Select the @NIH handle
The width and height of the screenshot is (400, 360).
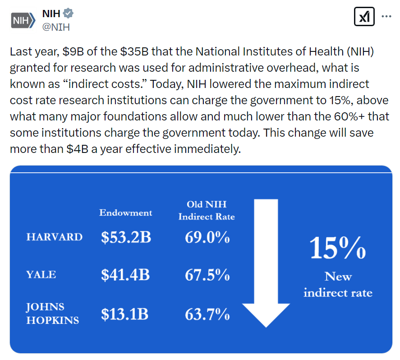[x=55, y=27]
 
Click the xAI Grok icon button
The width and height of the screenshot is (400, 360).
[x=364, y=17]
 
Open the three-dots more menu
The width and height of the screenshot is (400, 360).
[x=386, y=17]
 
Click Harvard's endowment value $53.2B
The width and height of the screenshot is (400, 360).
[x=126, y=237]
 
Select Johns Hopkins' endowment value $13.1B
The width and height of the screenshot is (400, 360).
[x=124, y=314]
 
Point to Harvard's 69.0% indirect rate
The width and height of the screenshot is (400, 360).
[x=207, y=237]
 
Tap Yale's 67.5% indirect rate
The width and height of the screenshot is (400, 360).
[x=207, y=275]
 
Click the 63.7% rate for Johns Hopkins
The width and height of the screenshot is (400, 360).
[x=207, y=314]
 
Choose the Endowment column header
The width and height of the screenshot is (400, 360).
[x=126, y=212]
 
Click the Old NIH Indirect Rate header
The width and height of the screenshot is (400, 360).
[x=207, y=210]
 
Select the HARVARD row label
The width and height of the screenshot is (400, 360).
[x=55, y=237]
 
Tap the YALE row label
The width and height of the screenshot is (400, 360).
[x=41, y=274]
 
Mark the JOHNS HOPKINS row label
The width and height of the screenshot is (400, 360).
[x=52, y=314]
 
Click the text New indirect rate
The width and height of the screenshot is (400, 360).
[x=338, y=285]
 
